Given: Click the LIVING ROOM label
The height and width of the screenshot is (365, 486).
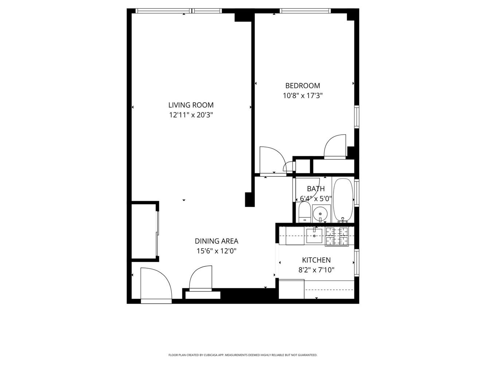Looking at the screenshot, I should (191, 105).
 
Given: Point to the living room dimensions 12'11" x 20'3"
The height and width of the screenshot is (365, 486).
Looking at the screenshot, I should (191, 115).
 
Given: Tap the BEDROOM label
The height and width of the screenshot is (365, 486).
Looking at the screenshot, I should (303, 86).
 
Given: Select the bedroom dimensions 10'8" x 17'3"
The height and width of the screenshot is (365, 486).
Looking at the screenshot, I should (303, 96).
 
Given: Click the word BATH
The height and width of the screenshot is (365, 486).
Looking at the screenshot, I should (316, 189).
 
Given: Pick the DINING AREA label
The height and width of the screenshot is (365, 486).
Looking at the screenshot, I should (216, 241).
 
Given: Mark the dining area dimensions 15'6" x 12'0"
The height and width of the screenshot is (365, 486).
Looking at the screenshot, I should (216, 251).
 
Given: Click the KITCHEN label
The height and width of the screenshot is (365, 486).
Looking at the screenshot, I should (316, 260).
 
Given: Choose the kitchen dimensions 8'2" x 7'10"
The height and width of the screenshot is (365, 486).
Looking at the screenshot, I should (316, 270).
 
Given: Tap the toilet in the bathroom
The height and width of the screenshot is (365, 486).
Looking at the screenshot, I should (304, 212).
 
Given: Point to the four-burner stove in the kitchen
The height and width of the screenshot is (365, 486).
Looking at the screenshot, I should (337, 236).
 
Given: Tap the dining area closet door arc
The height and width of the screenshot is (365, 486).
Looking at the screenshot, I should (201, 277).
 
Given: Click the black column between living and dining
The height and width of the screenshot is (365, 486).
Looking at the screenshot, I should (249, 199).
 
